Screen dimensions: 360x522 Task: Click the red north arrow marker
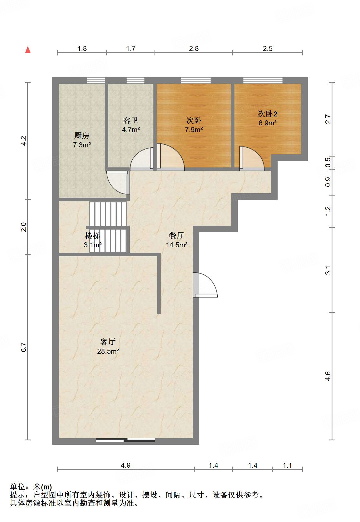point(28,50)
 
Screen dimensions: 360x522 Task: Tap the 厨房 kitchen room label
point(82,136)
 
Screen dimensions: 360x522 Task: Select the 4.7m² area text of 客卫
point(131,130)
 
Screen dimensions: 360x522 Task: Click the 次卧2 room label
point(268,114)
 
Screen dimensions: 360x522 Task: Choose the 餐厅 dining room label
point(177,236)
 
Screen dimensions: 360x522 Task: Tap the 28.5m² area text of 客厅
point(108,351)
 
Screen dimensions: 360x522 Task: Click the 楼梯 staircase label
point(92,236)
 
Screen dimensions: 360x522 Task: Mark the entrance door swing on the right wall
point(205,285)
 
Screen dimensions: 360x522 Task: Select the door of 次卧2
point(252,158)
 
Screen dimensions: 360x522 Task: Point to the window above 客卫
point(135,81)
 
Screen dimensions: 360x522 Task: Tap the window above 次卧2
point(263,81)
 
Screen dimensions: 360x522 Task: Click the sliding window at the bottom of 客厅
point(125,440)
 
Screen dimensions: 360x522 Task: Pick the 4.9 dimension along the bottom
point(126,465)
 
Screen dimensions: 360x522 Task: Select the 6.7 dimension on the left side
point(24,347)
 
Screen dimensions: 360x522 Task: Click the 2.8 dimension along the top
point(194,49)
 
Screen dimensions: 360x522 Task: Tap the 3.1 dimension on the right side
point(328,270)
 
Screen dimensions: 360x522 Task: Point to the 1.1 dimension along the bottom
point(287,465)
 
